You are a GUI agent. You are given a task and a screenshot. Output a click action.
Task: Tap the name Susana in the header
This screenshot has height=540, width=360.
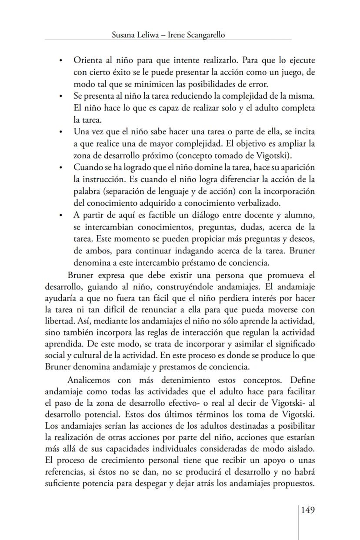pyautogui.click(x=124, y=35)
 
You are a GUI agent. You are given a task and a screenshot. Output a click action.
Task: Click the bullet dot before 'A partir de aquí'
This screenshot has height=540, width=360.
pyautogui.click(x=62, y=215)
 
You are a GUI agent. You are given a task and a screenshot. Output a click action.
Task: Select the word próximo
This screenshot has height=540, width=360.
pyautogui.click(x=167, y=155)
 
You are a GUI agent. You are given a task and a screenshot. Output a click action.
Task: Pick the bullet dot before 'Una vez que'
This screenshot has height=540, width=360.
pyautogui.click(x=62, y=131)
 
